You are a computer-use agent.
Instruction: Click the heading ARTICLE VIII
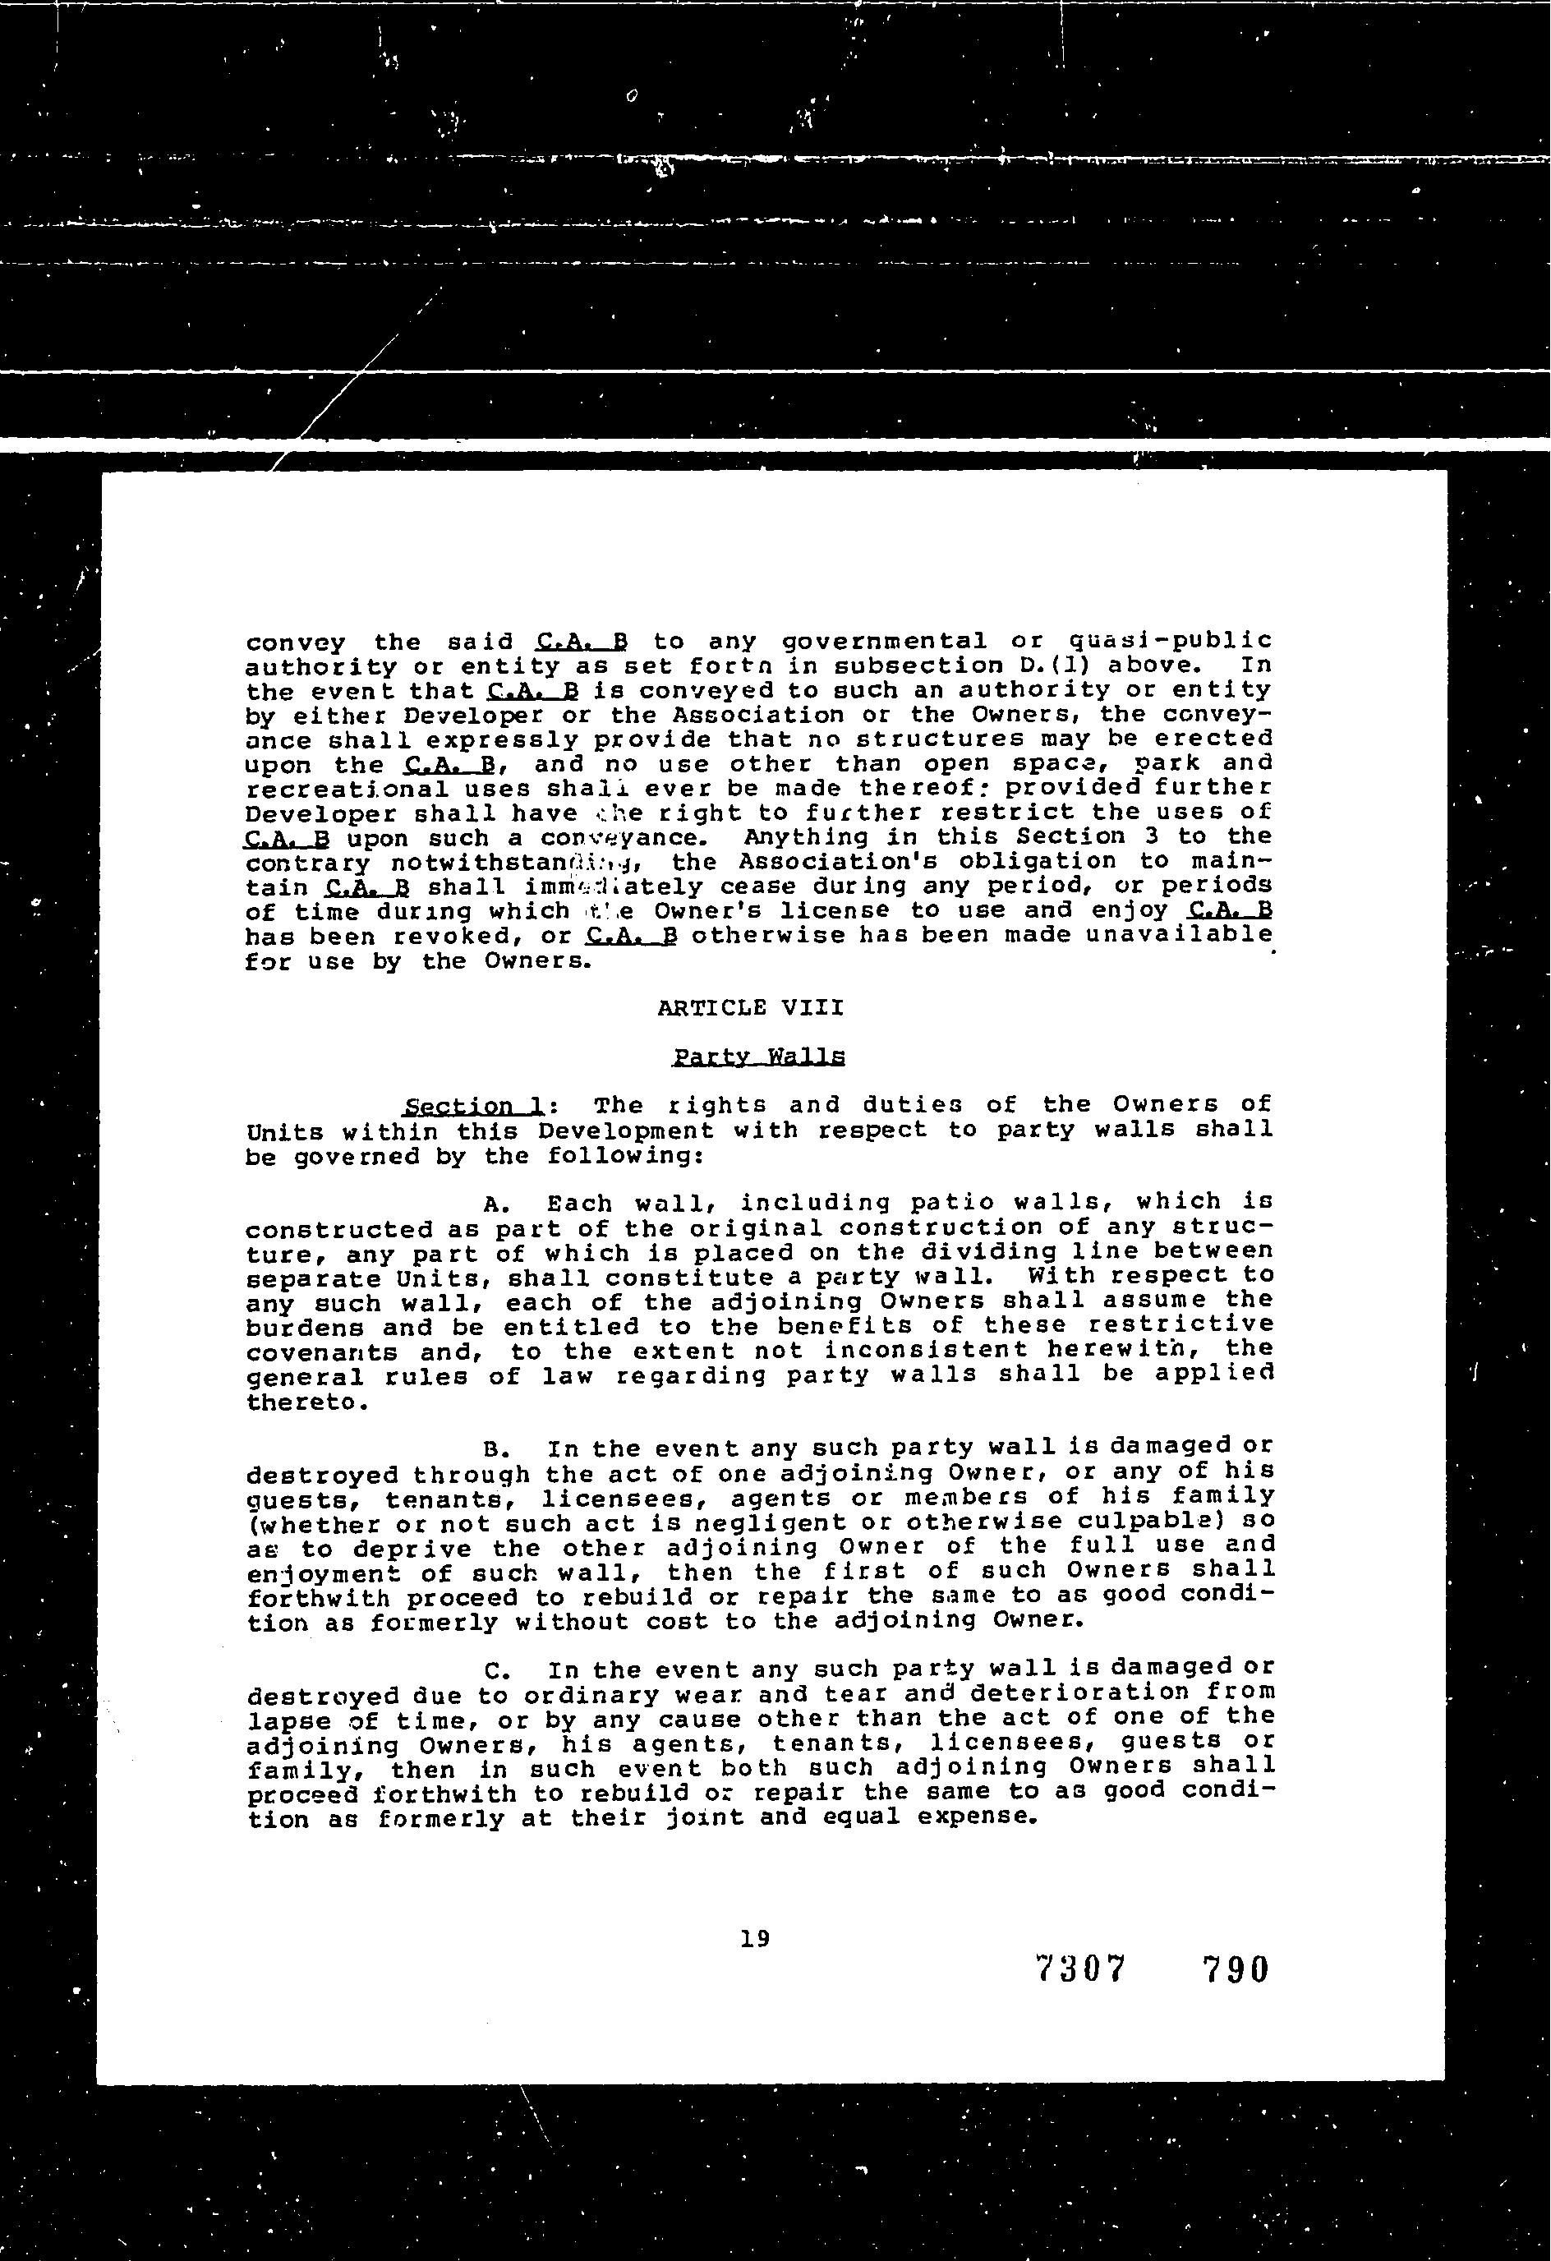coord(750,1008)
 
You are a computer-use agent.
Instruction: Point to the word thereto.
coord(293,1402)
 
